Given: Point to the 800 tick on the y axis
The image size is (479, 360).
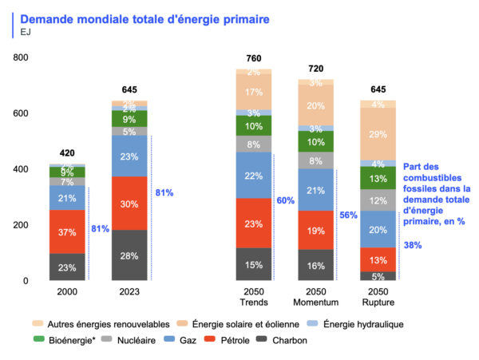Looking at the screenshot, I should click(x=20, y=57).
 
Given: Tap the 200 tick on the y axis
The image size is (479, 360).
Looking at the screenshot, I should click(x=20, y=225).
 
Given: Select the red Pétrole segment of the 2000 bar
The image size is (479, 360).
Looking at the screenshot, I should click(x=67, y=232).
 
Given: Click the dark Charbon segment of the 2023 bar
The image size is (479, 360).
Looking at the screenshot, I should click(x=129, y=255).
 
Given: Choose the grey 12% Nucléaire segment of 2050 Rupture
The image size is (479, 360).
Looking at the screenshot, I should click(x=379, y=200).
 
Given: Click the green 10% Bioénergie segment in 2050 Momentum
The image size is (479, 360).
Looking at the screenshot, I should click(x=316, y=141).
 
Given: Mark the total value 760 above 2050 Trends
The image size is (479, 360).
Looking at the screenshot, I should click(x=253, y=58).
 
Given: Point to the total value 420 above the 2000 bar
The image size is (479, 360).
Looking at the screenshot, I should click(x=67, y=152).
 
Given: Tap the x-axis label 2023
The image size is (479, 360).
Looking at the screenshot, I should click(x=129, y=291).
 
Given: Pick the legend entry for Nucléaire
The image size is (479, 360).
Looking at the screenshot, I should click(x=136, y=339).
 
